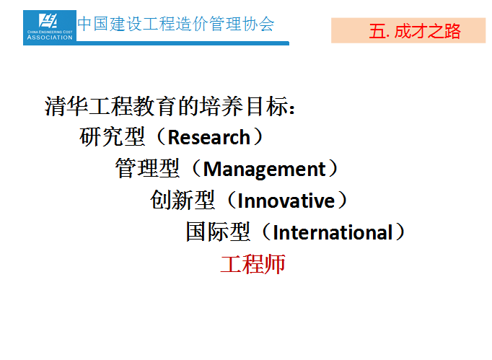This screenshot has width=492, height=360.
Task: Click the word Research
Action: coord(208,138)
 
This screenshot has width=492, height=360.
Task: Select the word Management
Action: coord(265,169)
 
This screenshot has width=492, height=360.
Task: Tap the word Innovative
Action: coord(286,201)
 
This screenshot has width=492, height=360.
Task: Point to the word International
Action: coord(333,232)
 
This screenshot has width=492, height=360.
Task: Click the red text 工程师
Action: coord(253,264)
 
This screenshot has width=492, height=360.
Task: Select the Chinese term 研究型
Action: coord(112,137)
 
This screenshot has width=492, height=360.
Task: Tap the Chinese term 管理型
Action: coord(147,169)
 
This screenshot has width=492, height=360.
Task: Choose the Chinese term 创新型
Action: coord(183,201)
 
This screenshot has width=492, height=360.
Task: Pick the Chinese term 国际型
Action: coord(218,232)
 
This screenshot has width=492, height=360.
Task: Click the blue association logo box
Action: coord(50,27)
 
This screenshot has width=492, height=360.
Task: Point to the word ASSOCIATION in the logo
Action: coord(50,38)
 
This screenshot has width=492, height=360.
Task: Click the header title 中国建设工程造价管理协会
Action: coord(176,24)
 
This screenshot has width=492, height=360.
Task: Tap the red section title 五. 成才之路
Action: coord(415,32)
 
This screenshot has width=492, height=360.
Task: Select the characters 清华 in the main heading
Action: coord(66,106)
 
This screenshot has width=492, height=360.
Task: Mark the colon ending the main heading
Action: coord(292,108)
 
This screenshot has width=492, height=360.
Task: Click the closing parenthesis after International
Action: coord(400,232)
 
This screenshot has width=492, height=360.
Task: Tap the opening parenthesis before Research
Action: coord(161,137)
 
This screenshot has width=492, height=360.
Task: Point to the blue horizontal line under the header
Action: coord(183,43)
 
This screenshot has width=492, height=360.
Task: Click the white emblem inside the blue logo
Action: coord(48,21)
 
